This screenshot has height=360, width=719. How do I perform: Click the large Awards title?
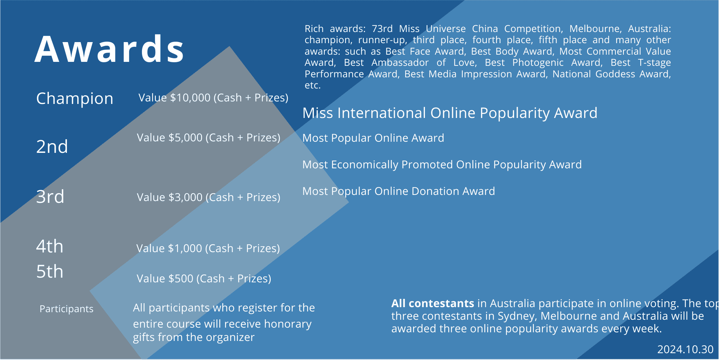coord(109,49)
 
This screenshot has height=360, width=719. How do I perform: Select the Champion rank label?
coord(75,99)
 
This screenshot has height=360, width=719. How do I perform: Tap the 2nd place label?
coord(52,147)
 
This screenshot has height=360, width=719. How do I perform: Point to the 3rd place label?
coord(50,197)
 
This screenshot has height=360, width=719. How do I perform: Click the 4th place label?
coord(50,247)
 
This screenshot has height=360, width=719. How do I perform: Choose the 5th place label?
coord(50,272)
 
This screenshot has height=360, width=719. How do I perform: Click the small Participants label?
coord(67,309)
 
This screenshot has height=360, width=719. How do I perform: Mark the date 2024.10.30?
coord(685,350)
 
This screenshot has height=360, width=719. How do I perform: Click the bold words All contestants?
coord(432,304)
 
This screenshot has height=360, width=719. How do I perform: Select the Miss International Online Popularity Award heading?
coord(450,113)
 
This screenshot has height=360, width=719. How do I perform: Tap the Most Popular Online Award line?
coord(373,138)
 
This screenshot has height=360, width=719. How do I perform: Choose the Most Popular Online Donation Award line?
coord(399,191)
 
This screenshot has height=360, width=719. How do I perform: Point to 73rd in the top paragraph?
coord(382,29)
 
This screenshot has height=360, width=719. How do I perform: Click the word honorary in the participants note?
coord(288,324)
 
